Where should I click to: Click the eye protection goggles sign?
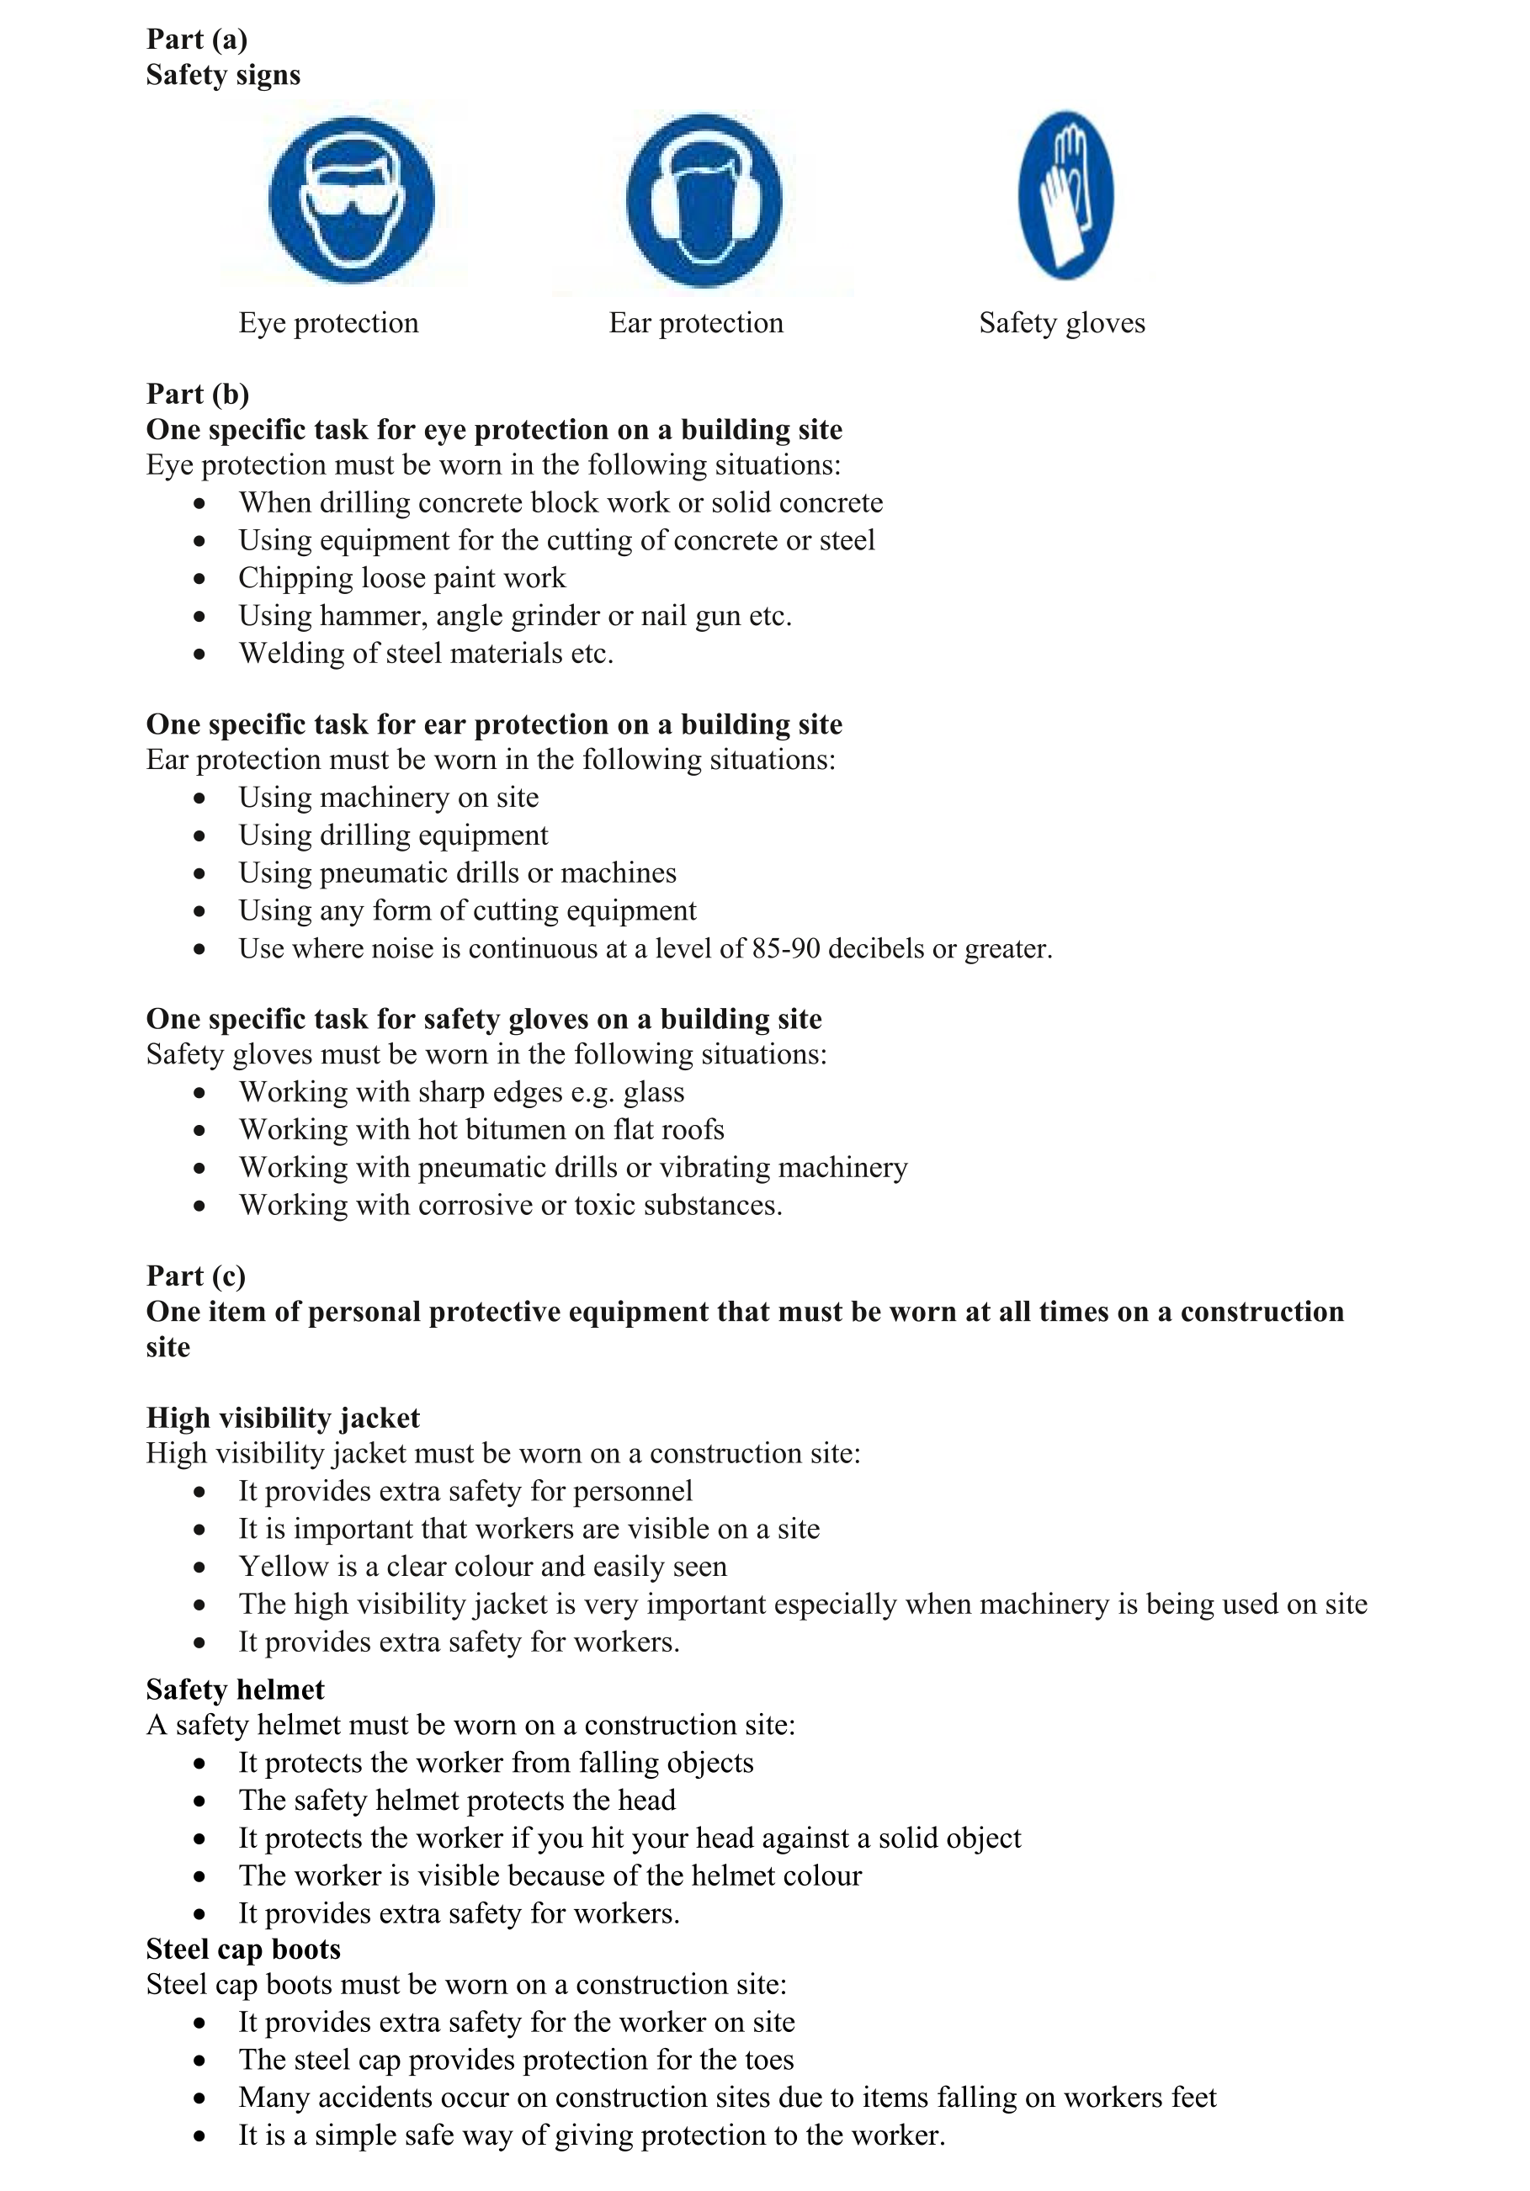(x=351, y=199)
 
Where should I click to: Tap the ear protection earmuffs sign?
(x=704, y=199)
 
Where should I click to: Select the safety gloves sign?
(x=1065, y=194)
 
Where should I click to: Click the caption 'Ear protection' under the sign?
(x=696, y=323)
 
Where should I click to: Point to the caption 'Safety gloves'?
(x=1061, y=323)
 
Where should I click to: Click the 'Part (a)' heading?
(x=197, y=39)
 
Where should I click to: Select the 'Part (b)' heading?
(x=198, y=394)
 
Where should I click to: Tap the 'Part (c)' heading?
(x=195, y=1276)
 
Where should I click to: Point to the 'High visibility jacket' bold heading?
(x=283, y=1418)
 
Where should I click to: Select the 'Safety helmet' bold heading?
(x=235, y=1690)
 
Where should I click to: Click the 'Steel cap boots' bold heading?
(x=243, y=1949)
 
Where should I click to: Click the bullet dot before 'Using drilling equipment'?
(x=199, y=836)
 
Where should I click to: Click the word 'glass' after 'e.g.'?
(x=654, y=1093)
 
